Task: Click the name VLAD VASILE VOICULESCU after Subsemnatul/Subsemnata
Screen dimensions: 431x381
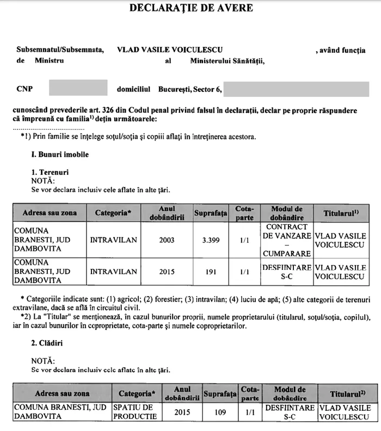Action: [170, 50]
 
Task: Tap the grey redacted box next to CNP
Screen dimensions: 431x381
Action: [78, 88]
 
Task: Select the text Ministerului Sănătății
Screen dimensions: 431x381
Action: [227, 61]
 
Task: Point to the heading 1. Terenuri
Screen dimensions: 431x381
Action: [50, 173]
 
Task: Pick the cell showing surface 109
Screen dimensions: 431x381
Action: [220, 412]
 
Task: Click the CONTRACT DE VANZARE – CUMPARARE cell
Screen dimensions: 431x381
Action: [290, 239]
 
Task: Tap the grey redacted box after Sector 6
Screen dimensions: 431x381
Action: [296, 88]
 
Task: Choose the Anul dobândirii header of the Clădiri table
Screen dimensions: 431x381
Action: [182, 393]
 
